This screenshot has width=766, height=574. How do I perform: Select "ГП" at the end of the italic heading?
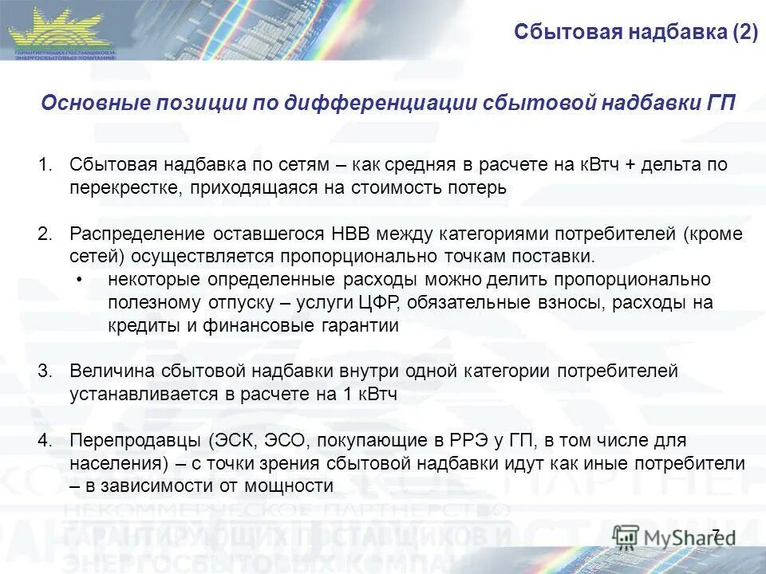[x=721, y=104]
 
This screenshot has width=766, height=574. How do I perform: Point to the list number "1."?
[x=45, y=165]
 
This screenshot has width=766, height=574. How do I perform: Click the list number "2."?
[x=45, y=234]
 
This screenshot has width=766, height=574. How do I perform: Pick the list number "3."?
[x=45, y=372]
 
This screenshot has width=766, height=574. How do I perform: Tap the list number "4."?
[x=45, y=441]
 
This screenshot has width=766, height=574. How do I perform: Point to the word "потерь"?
[x=479, y=188]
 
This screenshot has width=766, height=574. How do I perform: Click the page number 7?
[x=715, y=533]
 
